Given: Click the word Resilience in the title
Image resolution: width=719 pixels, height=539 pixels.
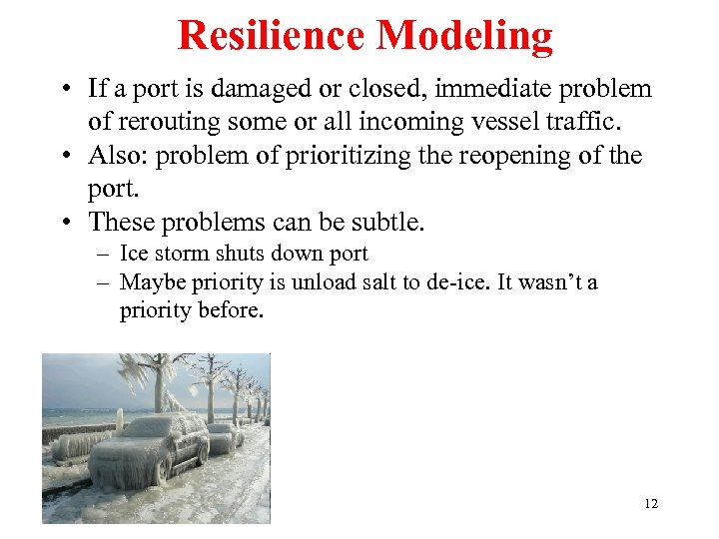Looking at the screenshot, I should point(272,36).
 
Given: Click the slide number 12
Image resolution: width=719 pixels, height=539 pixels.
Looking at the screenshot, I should point(651,503).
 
